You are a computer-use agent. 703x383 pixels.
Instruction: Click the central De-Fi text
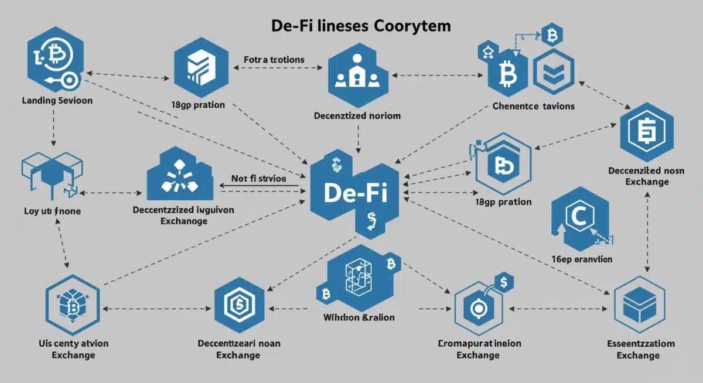click(x=355, y=193)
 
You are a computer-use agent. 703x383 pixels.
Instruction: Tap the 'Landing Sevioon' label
click(x=57, y=100)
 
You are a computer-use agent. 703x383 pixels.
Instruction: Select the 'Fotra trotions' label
click(x=274, y=60)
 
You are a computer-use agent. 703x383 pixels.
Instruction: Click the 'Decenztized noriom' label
click(x=357, y=115)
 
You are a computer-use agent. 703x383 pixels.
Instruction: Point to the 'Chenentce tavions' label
click(x=533, y=106)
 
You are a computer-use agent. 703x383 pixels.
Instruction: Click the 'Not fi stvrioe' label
click(x=258, y=179)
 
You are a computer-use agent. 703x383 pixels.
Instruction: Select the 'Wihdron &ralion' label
click(x=359, y=317)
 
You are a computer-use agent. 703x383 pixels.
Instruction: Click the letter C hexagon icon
click(x=578, y=217)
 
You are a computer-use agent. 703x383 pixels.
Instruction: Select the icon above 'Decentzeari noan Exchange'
click(x=239, y=305)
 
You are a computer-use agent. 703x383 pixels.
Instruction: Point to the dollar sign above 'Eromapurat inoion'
click(x=504, y=282)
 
